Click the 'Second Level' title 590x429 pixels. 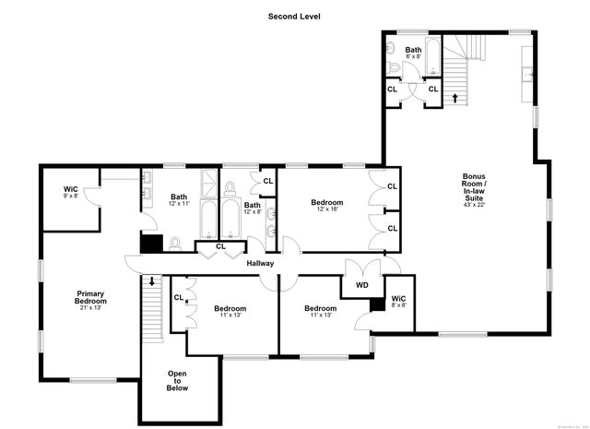294,16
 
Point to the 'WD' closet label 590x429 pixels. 361,285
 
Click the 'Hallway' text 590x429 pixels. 261,264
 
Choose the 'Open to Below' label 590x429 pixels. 177,381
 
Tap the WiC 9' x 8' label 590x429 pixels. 71,192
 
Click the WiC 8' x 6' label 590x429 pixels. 398,302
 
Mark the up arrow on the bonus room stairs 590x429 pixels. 454,96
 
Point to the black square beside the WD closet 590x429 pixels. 375,306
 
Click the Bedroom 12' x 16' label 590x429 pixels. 326,206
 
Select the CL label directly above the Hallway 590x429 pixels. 220,246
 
